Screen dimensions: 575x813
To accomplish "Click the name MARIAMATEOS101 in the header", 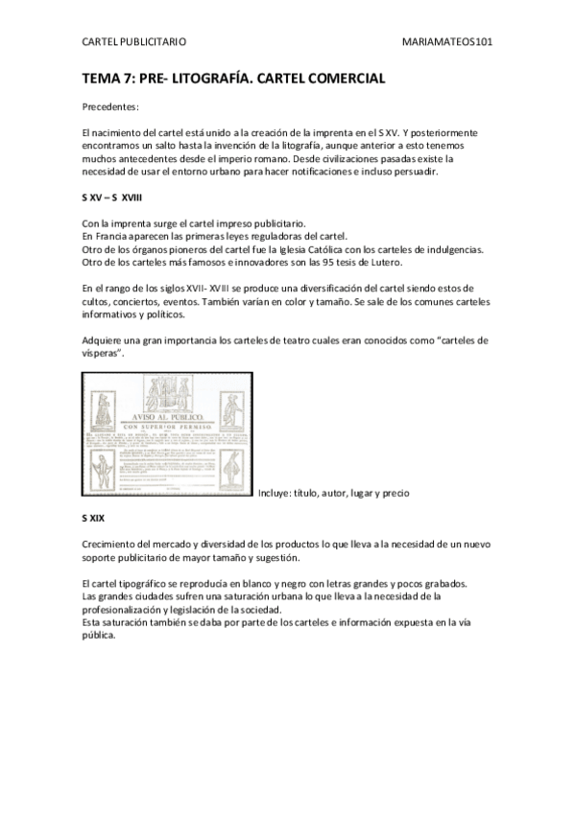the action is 450,42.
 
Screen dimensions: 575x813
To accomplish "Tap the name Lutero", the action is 381,262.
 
